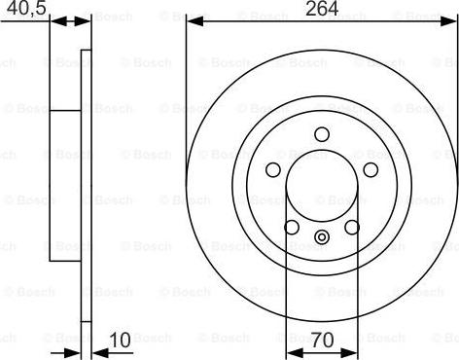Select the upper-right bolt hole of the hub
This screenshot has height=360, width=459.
371,170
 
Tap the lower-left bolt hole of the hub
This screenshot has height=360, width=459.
291,227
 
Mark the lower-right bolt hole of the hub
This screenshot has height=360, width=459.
352,227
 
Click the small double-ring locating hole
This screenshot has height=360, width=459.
322,234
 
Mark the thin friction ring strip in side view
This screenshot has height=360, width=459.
86,186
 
